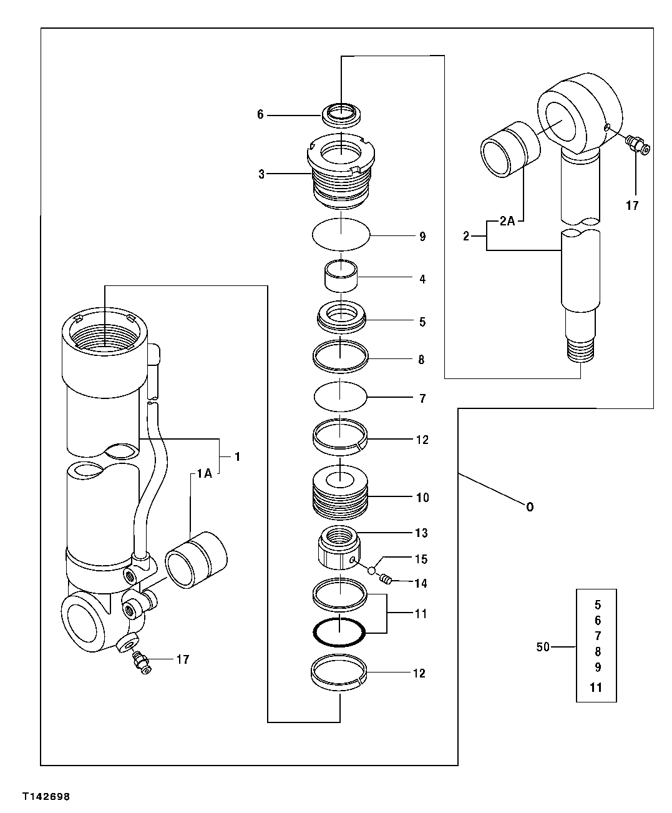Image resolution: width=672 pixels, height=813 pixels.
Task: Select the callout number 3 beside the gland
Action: [262, 174]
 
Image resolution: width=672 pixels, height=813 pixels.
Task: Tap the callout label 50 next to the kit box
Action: [543, 647]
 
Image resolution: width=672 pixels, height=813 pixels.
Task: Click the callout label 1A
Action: [204, 474]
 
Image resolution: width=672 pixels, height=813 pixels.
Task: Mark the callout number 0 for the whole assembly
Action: [529, 506]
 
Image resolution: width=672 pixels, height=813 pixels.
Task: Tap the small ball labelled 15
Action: [371, 569]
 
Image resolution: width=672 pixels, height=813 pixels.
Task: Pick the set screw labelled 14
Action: [386, 580]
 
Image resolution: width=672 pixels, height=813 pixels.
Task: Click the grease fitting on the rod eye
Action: [637, 145]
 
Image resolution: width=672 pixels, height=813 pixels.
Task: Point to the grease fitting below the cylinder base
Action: [142, 663]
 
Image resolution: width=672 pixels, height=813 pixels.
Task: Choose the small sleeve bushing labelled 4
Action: [340, 274]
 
